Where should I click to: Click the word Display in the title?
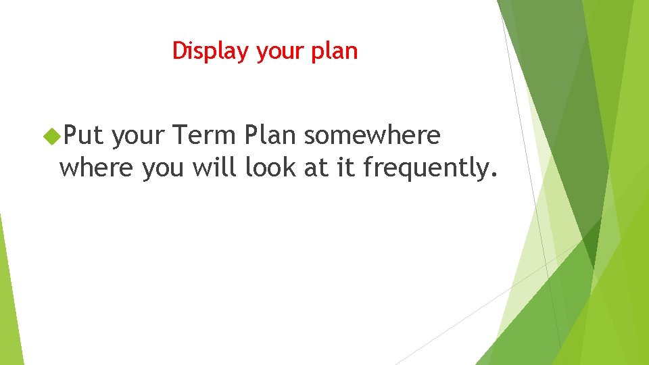point(212,51)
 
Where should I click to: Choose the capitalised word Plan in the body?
point(270,136)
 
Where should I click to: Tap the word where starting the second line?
point(97,168)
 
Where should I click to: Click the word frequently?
point(424,168)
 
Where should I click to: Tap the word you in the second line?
point(162,169)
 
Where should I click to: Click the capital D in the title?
point(179,51)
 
